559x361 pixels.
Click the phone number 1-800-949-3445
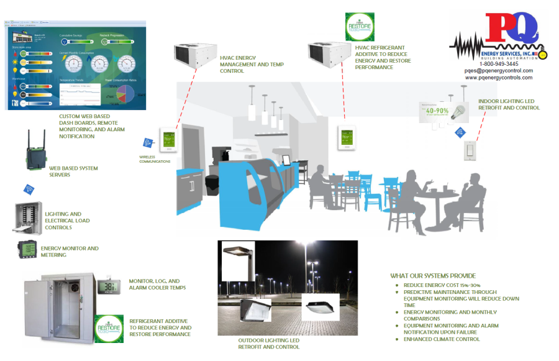[499, 63]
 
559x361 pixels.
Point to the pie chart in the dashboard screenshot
[126, 91]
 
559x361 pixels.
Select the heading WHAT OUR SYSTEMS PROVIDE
[433, 276]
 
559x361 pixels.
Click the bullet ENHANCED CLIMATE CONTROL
[442, 339]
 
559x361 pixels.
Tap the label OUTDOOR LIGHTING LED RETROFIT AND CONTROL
[269, 344]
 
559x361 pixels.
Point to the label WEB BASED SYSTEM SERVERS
[73, 171]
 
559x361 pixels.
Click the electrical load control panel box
[27, 217]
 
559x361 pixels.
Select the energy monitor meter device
[28, 250]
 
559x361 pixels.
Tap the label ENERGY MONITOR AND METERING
[70, 252]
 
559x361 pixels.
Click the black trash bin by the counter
[212, 184]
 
